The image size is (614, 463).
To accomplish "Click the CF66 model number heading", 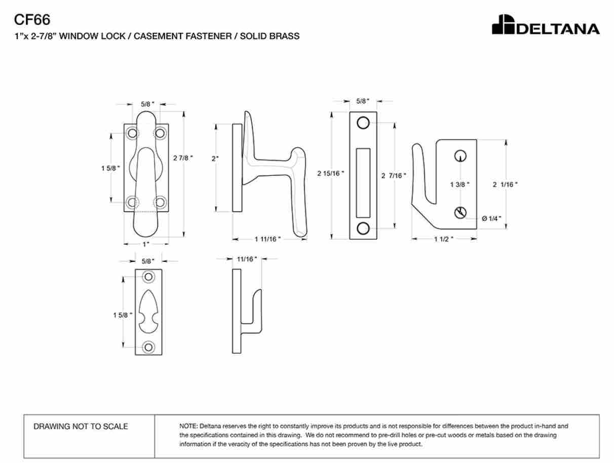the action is (x=32, y=20).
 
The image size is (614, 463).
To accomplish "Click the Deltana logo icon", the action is (x=503, y=24).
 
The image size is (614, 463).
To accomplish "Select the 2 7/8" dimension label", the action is (x=183, y=158).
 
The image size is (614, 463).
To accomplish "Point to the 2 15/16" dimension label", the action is (x=331, y=173).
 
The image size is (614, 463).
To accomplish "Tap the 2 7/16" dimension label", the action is (x=394, y=176).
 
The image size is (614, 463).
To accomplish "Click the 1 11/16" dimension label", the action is (x=267, y=239).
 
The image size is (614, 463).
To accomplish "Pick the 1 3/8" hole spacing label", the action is (x=459, y=184).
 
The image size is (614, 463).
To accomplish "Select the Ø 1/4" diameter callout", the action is (x=491, y=218).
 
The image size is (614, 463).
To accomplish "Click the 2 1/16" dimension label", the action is (x=505, y=184).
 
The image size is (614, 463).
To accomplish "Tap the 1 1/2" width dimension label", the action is (x=444, y=239).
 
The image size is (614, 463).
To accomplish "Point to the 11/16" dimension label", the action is (x=247, y=259).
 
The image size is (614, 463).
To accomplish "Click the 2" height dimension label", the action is (x=215, y=159).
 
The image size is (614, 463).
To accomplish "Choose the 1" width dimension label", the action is (x=146, y=244).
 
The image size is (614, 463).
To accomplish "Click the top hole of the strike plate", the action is (x=363, y=123).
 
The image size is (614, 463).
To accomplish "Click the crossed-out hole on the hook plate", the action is (x=460, y=213).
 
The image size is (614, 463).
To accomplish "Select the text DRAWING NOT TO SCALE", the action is (x=81, y=427).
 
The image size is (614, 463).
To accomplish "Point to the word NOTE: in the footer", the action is (x=188, y=426).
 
